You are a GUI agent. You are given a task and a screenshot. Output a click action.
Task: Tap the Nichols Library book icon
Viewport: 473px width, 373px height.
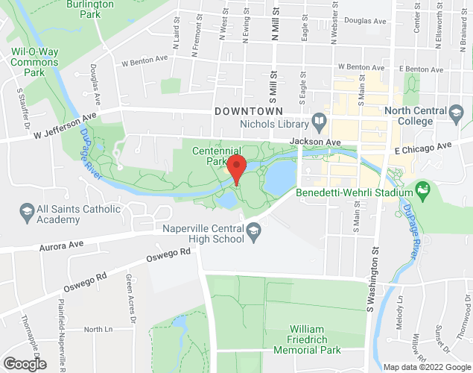(x=319, y=120)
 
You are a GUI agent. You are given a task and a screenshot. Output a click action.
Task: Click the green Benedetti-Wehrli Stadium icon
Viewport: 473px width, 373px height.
(x=424, y=192)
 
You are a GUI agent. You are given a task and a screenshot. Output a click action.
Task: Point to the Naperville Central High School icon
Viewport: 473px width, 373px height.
(x=254, y=231)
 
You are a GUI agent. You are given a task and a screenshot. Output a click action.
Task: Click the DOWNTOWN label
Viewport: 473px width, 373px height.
(x=248, y=110)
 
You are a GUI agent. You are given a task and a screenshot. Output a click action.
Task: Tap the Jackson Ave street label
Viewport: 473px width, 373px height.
(x=315, y=142)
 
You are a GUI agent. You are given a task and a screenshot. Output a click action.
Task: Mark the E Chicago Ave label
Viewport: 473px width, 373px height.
(x=423, y=147)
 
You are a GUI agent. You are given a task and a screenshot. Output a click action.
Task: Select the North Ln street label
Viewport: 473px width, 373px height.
(x=97, y=329)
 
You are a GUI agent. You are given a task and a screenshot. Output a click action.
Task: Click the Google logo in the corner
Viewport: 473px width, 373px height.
(x=24, y=364)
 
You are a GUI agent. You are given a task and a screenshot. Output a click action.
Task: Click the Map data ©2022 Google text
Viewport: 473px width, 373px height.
(x=426, y=366)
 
